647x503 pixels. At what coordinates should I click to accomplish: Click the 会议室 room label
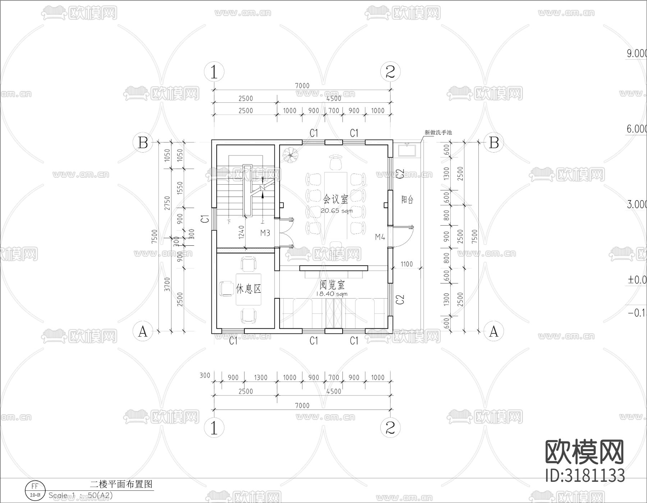(x=336, y=199)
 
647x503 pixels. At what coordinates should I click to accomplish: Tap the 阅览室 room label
(x=332, y=285)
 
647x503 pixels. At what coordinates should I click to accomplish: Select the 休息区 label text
(x=248, y=289)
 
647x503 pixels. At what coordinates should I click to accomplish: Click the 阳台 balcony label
(x=407, y=200)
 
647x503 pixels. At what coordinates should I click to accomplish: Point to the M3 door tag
(x=265, y=233)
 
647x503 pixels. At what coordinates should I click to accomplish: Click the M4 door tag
(x=380, y=237)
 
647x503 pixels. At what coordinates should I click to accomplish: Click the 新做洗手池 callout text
(x=438, y=133)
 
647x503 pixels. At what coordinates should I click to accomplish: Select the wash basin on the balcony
(x=407, y=150)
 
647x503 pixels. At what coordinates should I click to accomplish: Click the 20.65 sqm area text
(x=336, y=211)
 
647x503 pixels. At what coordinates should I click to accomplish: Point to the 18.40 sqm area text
(x=331, y=294)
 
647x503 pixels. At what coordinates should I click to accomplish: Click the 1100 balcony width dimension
(x=407, y=264)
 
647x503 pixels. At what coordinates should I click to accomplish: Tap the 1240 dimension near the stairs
(x=241, y=232)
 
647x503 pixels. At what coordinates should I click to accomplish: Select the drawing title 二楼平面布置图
(x=121, y=484)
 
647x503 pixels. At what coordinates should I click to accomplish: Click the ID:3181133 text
(x=585, y=476)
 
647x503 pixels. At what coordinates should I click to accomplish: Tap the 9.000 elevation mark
(x=637, y=54)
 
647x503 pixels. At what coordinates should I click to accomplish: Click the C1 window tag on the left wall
(x=205, y=218)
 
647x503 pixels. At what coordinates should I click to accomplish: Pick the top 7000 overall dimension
(x=302, y=86)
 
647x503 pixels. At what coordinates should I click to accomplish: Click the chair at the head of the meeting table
(x=336, y=162)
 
